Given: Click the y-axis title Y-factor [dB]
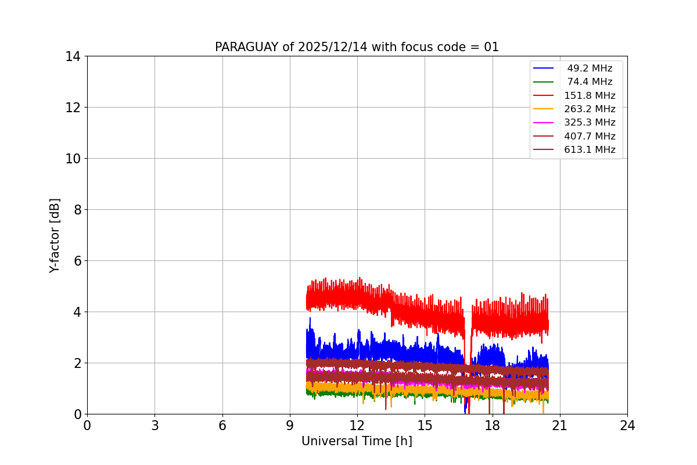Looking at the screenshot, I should click(55, 235).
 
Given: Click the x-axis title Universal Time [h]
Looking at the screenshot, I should click(357, 442).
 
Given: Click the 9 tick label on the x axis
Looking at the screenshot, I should click(290, 425).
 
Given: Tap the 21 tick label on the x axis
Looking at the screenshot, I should click(560, 425).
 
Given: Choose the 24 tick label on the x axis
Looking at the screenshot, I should click(627, 425).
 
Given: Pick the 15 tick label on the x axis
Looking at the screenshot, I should click(425, 425).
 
